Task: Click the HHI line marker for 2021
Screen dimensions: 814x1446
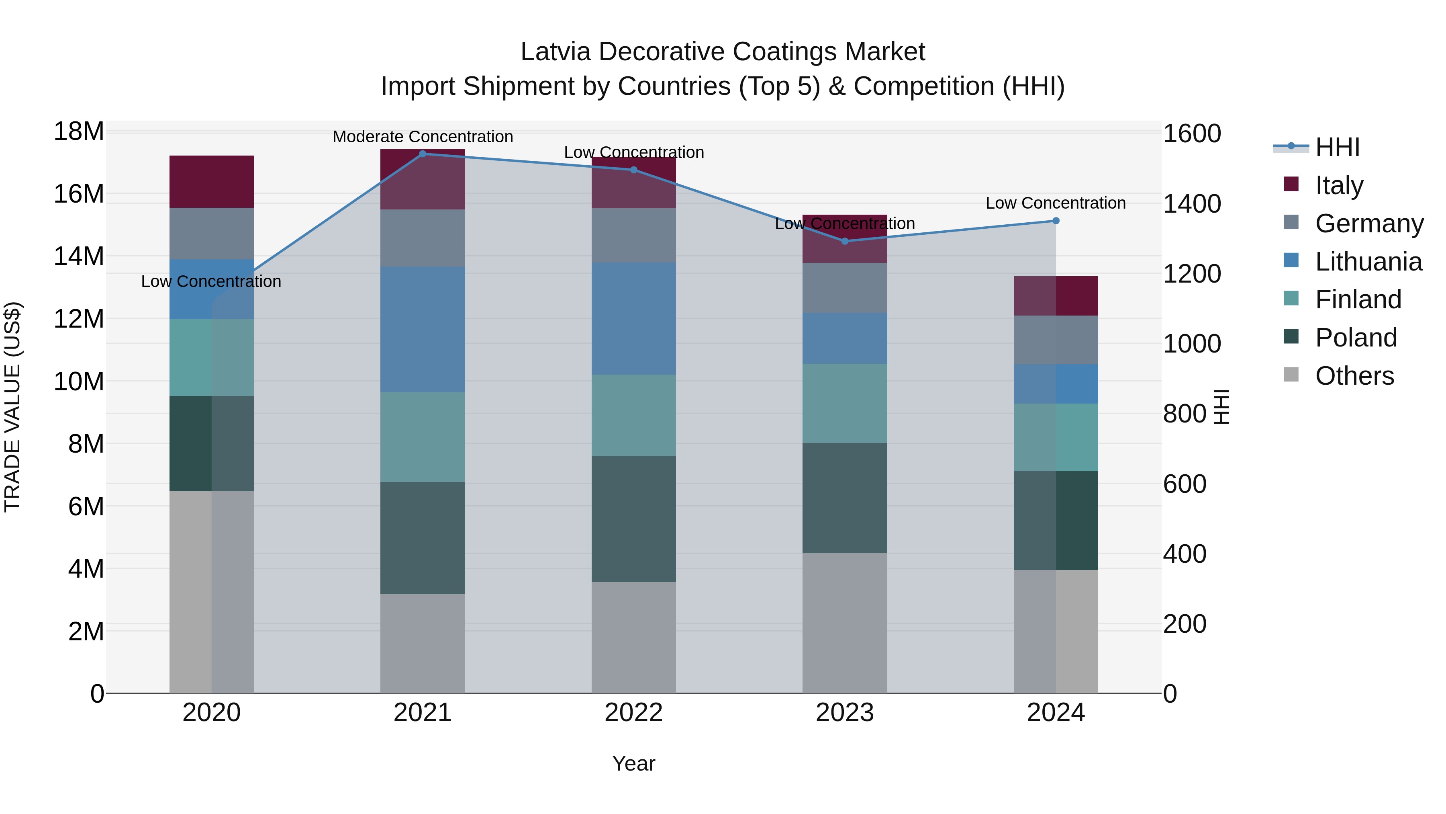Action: pyautogui.click(x=423, y=154)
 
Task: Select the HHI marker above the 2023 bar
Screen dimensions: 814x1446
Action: pyautogui.click(x=845, y=241)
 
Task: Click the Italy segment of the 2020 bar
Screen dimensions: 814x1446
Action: pyautogui.click(x=212, y=181)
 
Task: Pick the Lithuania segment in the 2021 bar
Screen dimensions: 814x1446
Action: pyautogui.click(x=423, y=329)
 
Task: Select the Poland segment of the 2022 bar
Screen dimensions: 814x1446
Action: pyautogui.click(x=634, y=519)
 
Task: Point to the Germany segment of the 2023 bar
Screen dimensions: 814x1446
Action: pyautogui.click(x=845, y=288)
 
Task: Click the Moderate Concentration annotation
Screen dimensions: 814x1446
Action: pyautogui.click(x=423, y=137)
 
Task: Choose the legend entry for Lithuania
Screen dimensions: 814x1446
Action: pyautogui.click(x=1368, y=262)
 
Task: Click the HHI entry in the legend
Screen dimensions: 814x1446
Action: pyautogui.click(x=1337, y=147)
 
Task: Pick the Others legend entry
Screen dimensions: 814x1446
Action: pyautogui.click(x=1354, y=376)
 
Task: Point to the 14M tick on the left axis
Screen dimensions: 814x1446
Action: pyautogui.click(x=79, y=256)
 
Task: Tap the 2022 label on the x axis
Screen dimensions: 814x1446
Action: pyautogui.click(x=634, y=713)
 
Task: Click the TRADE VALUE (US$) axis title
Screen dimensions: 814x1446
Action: pyautogui.click(x=12, y=407)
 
